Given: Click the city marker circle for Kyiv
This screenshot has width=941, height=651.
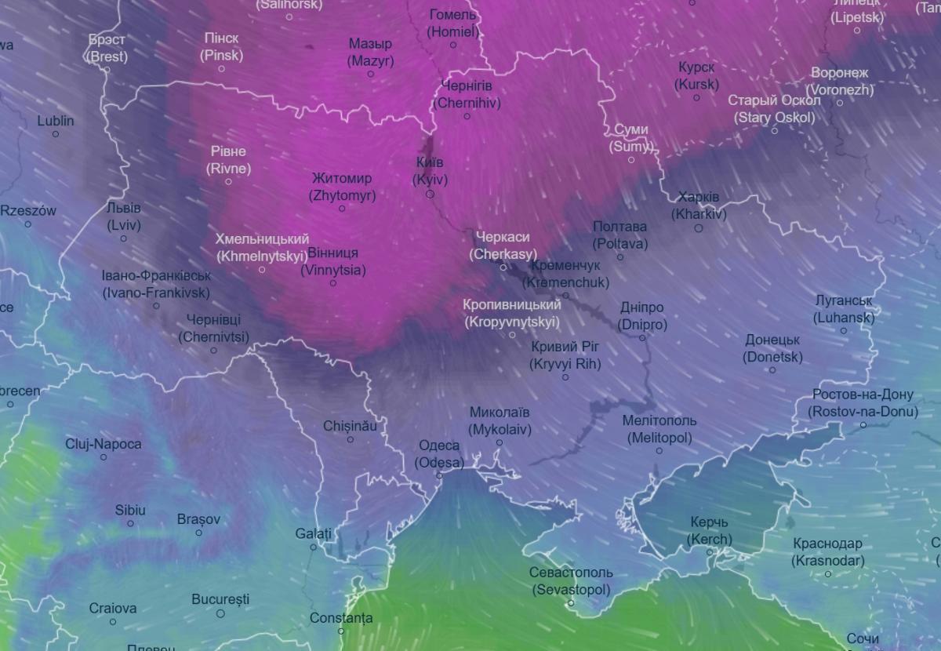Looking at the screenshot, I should coord(430,194).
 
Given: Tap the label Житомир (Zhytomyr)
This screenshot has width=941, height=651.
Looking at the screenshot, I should coord(342,187).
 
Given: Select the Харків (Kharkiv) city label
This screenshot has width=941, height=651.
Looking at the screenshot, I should coord(699,205).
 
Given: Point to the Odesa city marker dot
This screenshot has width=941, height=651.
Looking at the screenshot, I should coord(439,475).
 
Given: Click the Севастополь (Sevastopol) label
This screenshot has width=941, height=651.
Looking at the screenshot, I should coord(571,581).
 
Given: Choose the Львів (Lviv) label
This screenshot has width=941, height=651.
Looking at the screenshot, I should coord(124,216).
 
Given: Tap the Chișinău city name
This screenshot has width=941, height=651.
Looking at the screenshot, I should coord(350,426).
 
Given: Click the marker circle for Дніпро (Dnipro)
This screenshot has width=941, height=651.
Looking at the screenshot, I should coord(642,338).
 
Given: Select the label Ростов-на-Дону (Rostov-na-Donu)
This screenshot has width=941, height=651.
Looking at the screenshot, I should coord(863,403).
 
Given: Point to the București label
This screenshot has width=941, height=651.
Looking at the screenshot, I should coord(220,599).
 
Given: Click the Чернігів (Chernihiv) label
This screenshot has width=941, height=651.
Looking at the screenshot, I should coord(467,94).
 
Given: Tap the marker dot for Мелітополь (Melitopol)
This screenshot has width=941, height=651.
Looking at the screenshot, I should coord(659,450).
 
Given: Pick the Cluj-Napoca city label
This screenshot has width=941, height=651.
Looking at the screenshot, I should coord(104,444).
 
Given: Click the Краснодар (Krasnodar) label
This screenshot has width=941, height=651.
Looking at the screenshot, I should coord(827,552).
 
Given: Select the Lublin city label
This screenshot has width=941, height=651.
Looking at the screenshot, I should coord(56,121).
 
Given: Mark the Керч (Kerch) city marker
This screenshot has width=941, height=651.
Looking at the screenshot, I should coord(710,552).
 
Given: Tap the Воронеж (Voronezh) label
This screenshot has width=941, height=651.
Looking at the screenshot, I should coord(840,81).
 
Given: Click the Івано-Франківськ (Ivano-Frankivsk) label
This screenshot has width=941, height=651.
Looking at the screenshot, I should coord(156,284).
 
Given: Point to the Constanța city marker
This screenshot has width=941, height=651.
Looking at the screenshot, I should coord(341,631).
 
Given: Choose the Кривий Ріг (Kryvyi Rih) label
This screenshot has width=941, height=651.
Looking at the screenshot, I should coord(565,355).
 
